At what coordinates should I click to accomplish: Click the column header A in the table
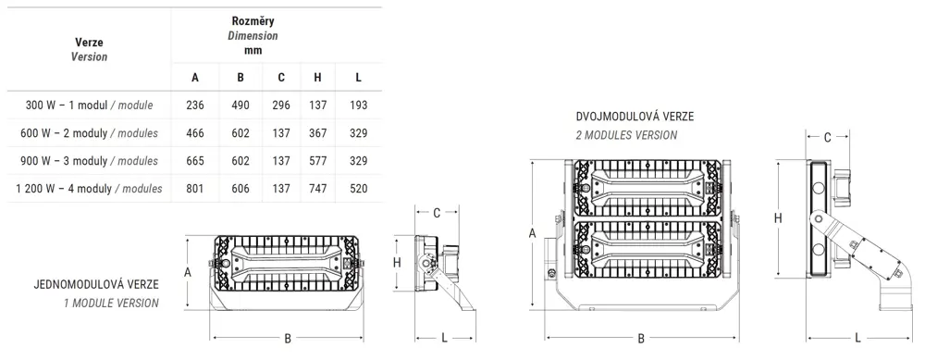[x=195, y=78]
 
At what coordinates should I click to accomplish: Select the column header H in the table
[x=318, y=78]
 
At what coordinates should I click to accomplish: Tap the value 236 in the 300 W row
[x=194, y=106]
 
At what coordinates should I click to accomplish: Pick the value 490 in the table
[x=240, y=106]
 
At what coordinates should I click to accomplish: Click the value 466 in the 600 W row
[x=194, y=132]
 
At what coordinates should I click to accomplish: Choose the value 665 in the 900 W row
[x=194, y=160]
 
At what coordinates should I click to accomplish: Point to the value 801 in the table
[x=194, y=188]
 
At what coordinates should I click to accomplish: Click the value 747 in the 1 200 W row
[x=318, y=188]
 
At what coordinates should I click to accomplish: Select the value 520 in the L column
[x=358, y=188]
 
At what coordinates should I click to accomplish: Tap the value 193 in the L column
[x=358, y=106]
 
